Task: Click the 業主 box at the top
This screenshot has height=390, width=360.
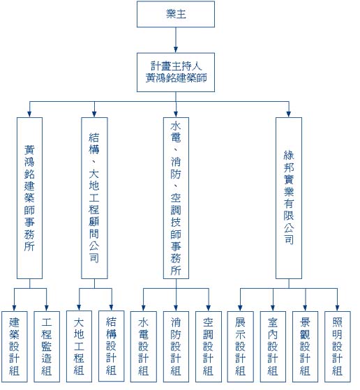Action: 176,14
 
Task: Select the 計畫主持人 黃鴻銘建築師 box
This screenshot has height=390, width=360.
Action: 176,73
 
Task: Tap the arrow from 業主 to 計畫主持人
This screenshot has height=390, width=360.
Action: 176,40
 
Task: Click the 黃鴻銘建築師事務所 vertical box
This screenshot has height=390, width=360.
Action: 29,198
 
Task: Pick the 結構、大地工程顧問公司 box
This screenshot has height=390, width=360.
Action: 94,198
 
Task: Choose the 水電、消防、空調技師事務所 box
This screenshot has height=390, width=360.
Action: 176,198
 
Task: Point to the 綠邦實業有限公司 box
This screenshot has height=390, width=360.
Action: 289,198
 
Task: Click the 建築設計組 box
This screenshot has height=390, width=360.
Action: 15,347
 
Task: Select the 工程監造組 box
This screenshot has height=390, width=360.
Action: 47,347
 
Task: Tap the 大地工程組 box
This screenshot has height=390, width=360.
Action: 79,347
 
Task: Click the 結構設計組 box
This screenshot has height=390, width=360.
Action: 111,346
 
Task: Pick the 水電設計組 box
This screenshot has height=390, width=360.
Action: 144,347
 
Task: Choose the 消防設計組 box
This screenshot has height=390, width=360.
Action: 176,347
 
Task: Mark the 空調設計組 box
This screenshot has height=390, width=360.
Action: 208,347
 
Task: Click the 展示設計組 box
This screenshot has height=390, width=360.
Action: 240,347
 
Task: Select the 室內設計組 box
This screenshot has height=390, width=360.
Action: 273,347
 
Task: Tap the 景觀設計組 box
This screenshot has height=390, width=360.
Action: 305,347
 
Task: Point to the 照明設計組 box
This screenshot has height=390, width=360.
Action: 338,347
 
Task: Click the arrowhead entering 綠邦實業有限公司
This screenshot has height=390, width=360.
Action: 289,114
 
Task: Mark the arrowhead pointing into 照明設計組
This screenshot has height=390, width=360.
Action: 338,308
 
